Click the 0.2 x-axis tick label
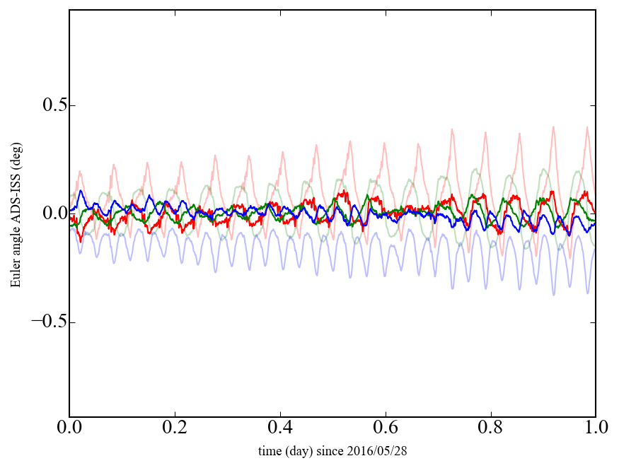pos(175,428)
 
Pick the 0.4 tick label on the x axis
pos(280,428)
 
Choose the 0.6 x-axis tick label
pos(386,428)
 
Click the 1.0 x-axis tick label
pos(595,428)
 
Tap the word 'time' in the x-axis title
pos(269,450)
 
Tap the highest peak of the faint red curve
pos(553,127)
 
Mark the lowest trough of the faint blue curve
pos(554,294)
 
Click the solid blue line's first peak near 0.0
pos(81,191)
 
